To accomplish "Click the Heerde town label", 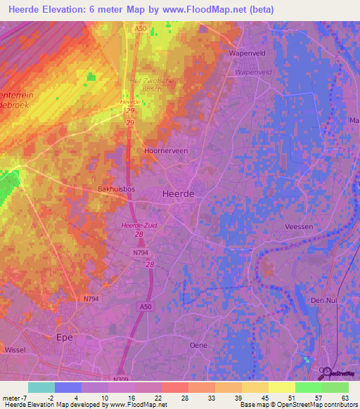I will tap(178, 193).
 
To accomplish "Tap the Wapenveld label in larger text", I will tap(245, 53).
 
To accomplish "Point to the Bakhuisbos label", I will tap(116, 190).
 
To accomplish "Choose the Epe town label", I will tap(65, 337).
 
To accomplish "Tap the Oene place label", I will tap(199, 345).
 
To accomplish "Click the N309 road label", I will tap(122, 378).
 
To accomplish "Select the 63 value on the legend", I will tap(345, 397).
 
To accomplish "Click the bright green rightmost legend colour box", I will tap(335, 387).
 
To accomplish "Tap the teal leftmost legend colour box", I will tap(41, 387).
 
